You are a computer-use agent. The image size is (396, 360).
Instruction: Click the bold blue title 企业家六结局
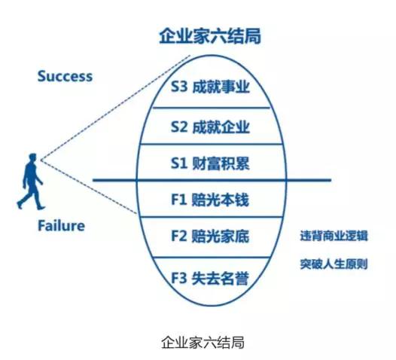[x=210, y=37]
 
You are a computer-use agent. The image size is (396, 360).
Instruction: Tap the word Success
[x=65, y=76]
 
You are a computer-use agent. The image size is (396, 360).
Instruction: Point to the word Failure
[x=61, y=226]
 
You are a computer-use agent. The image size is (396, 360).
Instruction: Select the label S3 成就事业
[x=210, y=87]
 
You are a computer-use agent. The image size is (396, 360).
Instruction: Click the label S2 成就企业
[x=210, y=127]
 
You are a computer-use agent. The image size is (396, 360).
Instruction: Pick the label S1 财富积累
[x=210, y=163]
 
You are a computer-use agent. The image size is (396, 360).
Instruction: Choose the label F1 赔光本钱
[x=210, y=200]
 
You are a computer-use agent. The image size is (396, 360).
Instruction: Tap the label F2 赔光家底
[x=210, y=236]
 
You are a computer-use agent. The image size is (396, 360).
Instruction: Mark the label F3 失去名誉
[x=210, y=279]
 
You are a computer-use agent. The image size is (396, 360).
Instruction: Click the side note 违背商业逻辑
[x=334, y=236]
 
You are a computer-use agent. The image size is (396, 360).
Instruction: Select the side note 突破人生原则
[x=334, y=264]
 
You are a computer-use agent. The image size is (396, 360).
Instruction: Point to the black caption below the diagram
[x=203, y=343]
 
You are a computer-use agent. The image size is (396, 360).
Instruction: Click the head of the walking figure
[x=32, y=157]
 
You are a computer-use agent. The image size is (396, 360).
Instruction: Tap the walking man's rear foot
[x=20, y=204]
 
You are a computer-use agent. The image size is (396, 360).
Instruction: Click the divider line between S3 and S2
[x=211, y=108]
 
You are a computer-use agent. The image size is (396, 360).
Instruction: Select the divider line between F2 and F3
[x=211, y=258]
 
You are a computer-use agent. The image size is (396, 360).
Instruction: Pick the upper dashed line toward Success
[x=115, y=108]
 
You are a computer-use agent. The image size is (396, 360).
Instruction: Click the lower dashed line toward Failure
[x=90, y=187]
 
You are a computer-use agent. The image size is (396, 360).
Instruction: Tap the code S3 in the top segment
[x=179, y=87]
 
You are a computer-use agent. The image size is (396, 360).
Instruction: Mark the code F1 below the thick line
[x=179, y=200]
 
